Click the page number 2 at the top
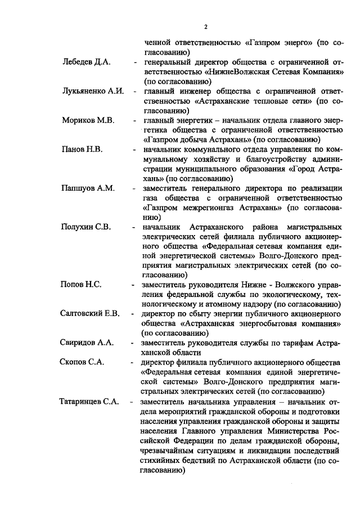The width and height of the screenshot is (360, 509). [206, 26]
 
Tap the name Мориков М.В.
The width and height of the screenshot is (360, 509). [88, 120]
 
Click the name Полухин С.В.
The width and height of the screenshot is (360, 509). [86, 227]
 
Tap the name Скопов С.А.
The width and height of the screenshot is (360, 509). [82, 362]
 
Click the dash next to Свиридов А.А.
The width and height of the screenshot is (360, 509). [133, 343]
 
